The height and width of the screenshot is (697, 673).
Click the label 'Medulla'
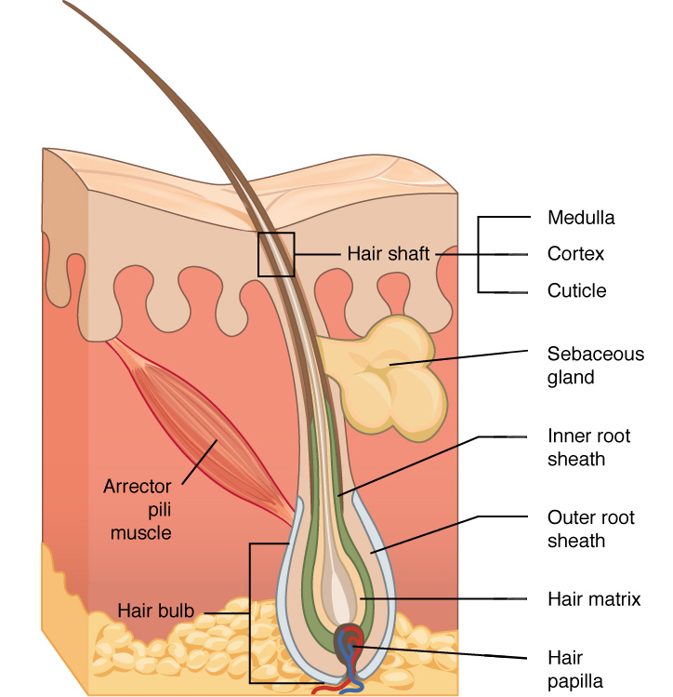point(581,219)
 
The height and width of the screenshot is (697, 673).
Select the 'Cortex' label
point(575,254)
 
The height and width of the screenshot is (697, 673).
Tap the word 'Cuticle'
point(576,290)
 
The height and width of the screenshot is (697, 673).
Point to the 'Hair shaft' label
point(388,253)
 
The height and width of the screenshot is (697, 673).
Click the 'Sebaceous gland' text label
point(595,365)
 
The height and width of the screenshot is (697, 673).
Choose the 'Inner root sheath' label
point(588,447)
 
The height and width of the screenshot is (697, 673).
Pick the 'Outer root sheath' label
point(589,529)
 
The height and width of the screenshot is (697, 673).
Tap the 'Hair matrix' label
point(594,599)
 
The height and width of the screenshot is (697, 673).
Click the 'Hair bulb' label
point(155,611)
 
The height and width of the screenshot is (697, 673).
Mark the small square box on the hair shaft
point(276,255)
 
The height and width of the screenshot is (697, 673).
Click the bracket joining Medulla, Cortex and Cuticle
point(479,254)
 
